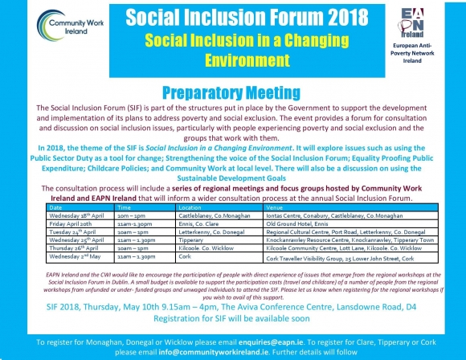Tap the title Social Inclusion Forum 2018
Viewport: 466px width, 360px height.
point(233,17)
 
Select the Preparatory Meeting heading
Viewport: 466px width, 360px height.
point(233,92)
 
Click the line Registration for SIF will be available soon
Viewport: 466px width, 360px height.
point(233,319)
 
